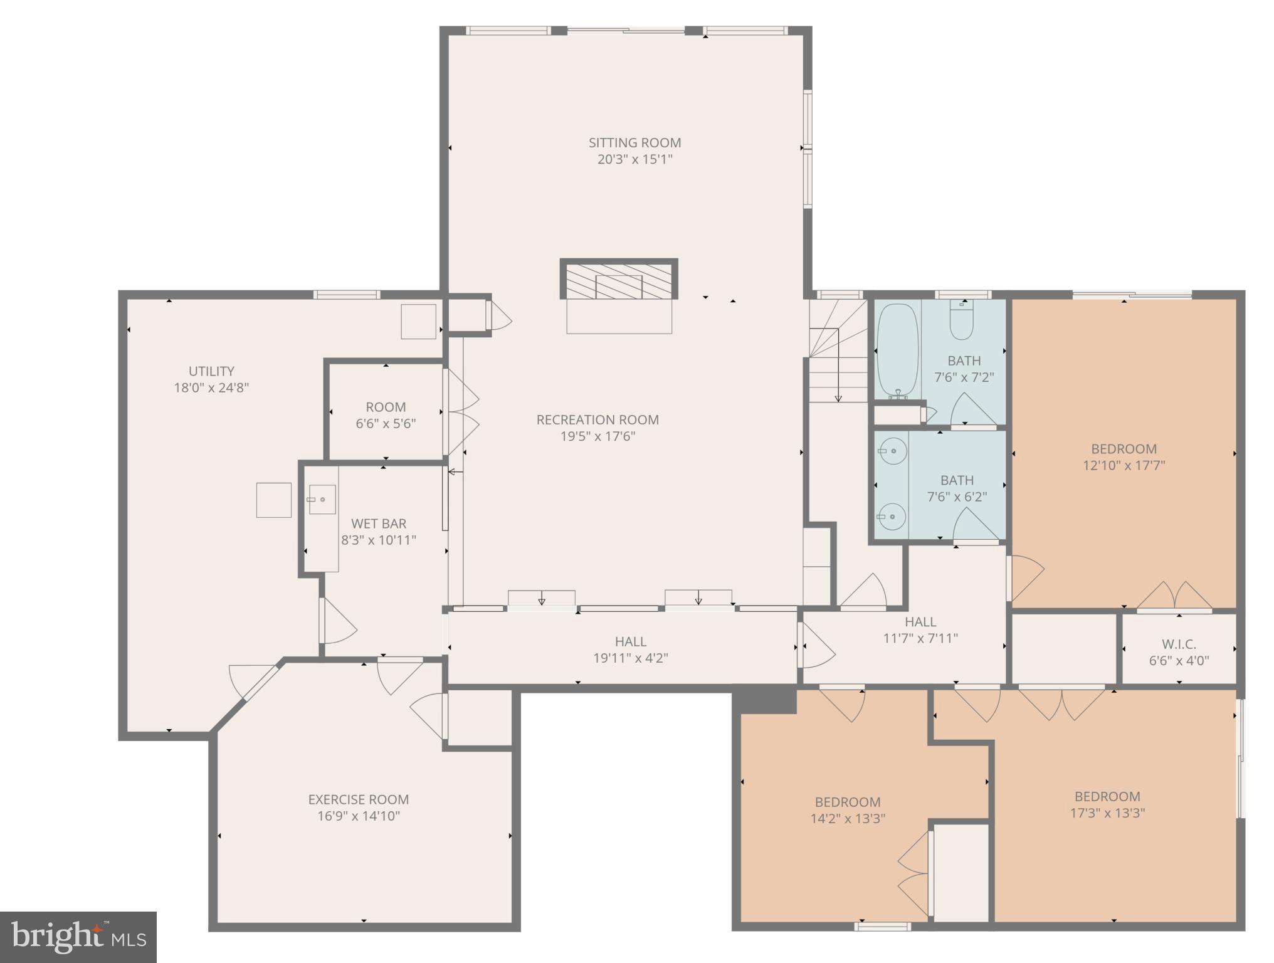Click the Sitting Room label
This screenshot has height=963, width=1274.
(634, 143)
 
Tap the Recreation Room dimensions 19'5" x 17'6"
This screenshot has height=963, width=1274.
(598, 436)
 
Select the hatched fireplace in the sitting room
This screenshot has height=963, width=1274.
(619, 280)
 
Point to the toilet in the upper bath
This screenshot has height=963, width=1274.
(961, 320)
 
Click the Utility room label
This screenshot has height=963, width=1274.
(211, 371)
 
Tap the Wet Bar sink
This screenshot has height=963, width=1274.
(322, 500)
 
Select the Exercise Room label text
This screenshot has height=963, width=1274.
(358, 799)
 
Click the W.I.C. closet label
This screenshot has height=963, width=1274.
(1179, 644)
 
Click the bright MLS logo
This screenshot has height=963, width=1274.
(78, 937)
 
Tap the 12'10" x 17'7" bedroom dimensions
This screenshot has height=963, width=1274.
(1124, 465)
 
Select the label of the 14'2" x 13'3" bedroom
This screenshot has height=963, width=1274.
(848, 802)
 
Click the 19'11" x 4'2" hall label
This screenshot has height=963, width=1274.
(630, 641)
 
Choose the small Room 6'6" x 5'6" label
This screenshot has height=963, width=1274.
(386, 407)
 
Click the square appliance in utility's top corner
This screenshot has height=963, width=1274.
(418, 322)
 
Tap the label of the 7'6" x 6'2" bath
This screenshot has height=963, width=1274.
(957, 480)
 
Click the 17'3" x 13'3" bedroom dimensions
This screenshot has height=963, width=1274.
(1107, 813)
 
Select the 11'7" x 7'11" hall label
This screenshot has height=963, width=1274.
(920, 622)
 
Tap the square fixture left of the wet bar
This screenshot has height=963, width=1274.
(273, 500)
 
